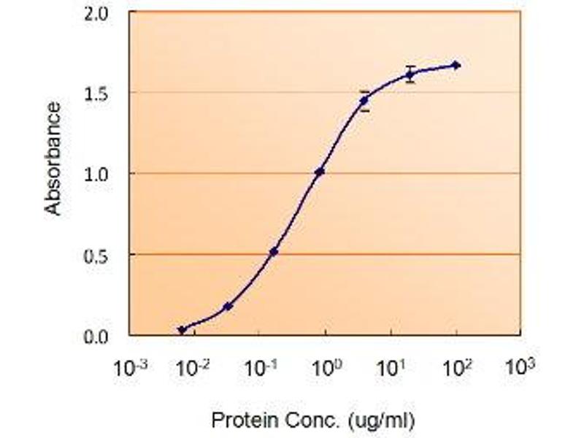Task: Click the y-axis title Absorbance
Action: [53, 158]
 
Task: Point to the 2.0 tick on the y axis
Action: [104, 12]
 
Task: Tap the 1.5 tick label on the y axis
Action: [104, 93]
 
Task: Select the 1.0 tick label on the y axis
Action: [104, 174]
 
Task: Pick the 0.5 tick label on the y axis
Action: [104, 255]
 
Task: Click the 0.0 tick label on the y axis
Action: [104, 337]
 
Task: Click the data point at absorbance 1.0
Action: [319, 172]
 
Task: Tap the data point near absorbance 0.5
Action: [274, 252]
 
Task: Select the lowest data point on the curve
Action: [182, 330]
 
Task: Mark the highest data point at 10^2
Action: [456, 65]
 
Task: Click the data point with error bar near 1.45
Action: [364, 100]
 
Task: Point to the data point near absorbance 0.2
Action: [228, 307]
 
